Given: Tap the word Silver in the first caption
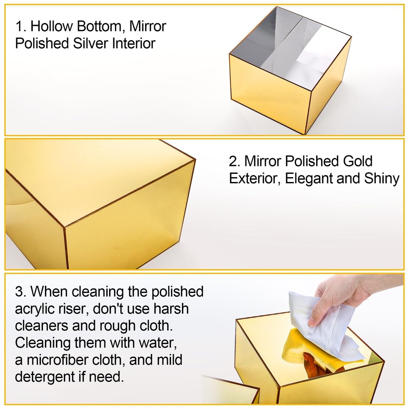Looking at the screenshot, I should coord(98,43).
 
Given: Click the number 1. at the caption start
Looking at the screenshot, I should coord(20,27).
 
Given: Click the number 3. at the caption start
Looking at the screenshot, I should coord(20,292).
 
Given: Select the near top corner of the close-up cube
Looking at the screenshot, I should coord(65,226).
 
